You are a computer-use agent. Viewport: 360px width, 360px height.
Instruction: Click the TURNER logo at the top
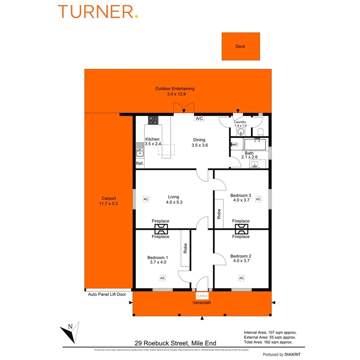[98, 12]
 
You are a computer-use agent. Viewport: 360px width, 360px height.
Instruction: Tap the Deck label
[240, 46]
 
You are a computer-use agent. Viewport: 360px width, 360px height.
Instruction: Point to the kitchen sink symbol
[140, 152]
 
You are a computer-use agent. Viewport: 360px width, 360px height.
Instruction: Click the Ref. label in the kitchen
[140, 164]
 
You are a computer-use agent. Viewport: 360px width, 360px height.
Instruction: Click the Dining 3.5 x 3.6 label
[199, 142]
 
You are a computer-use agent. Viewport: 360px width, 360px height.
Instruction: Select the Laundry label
[240, 122]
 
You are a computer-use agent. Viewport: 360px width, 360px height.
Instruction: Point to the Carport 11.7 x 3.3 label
[109, 201]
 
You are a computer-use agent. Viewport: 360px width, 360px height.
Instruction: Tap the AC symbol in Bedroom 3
[258, 199]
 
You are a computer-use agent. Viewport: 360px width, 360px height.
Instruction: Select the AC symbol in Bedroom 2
[242, 278]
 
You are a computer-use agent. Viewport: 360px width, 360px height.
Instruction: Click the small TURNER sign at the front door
[202, 296]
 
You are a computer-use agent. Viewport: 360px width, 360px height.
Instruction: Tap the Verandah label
[202, 303]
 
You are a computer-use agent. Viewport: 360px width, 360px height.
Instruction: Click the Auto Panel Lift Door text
[107, 294]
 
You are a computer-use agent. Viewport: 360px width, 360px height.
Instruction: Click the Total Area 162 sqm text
[270, 342]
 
